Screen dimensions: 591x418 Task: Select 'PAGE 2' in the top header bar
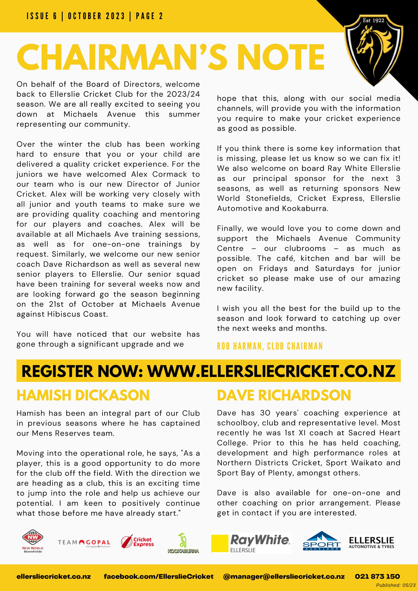pyautogui.click(x=149, y=16)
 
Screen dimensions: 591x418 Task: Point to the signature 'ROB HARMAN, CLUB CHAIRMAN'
pyautogui.click(x=270, y=346)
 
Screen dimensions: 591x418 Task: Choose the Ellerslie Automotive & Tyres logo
pyautogui.click(x=371, y=542)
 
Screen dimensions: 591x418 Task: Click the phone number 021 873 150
pyautogui.click(x=377, y=577)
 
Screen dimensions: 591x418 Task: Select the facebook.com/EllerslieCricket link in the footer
pyautogui.click(x=159, y=577)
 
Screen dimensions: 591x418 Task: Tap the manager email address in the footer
pyautogui.click(x=284, y=577)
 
